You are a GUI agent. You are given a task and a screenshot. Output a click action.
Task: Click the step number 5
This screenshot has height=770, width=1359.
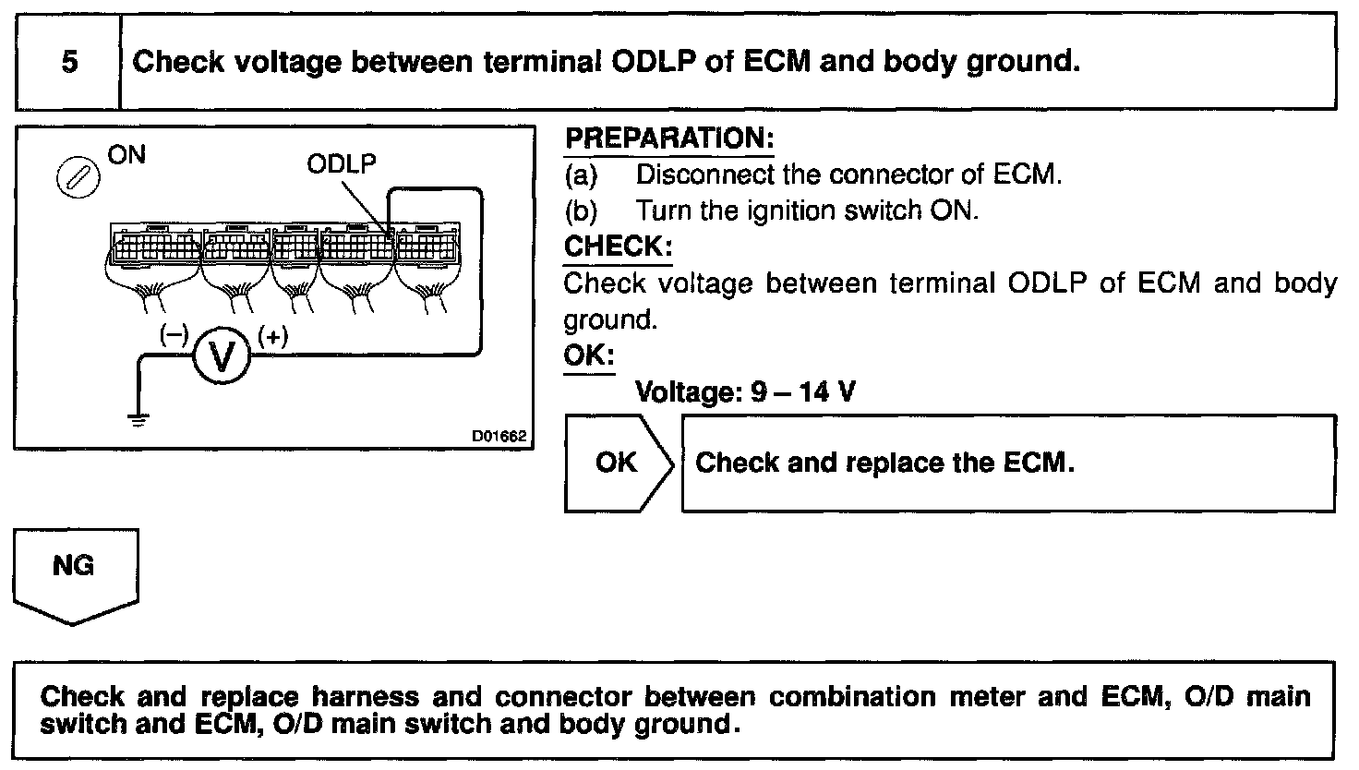(x=69, y=63)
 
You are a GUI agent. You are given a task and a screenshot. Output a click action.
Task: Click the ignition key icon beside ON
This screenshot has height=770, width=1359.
(x=72, y=175)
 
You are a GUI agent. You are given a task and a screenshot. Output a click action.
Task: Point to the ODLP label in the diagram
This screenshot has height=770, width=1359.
(x=342, y=163)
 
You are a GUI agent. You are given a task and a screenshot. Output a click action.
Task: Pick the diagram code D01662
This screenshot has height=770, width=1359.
(x=499, y=436)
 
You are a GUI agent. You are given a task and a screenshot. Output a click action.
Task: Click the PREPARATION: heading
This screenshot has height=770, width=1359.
(x=668, y=138)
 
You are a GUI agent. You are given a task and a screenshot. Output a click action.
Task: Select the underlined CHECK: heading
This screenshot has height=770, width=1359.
(x=618, y=247)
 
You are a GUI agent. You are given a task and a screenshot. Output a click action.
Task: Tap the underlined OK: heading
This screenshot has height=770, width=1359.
(x=588, y=356)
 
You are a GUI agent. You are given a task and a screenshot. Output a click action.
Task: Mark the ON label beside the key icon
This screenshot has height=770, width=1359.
(x=127, y=154)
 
